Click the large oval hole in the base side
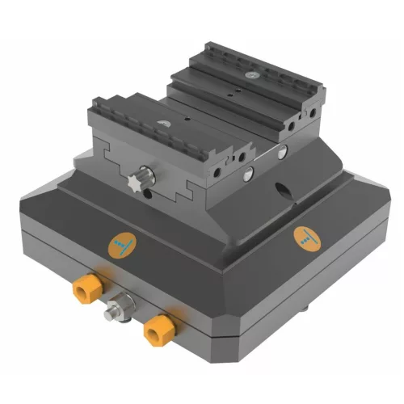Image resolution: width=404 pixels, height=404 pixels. pos(283,191)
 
